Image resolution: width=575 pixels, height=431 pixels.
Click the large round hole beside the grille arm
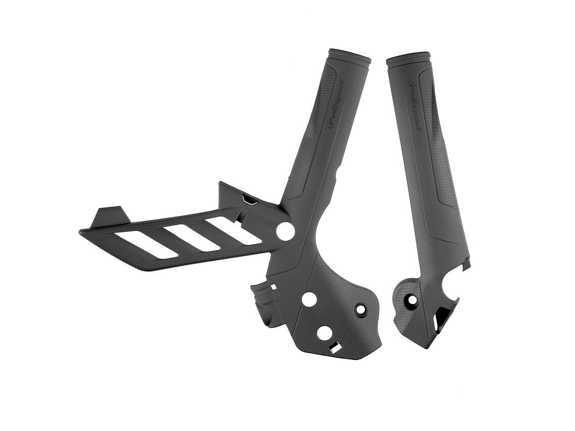(285, 231)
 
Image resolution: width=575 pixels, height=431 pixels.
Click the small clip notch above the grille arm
(249, 200)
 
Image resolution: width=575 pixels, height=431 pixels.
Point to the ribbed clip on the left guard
(263, 297)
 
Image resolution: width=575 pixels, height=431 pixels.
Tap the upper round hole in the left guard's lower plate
(309, 299)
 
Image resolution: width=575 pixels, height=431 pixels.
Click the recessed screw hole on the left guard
(361, 309)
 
